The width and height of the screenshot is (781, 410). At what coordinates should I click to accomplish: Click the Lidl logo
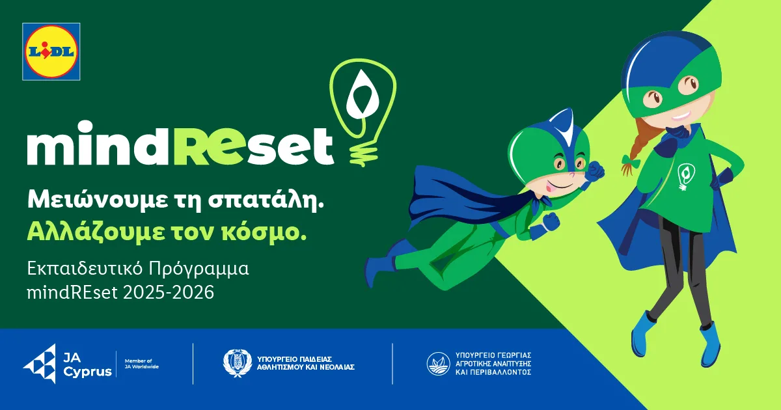[x=51, y=51]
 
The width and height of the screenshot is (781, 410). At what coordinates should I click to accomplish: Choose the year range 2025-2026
[x=169, y=292]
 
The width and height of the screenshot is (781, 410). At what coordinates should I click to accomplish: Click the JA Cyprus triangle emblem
[x=40, y=364]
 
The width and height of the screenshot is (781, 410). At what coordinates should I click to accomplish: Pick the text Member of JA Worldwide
[x=142, y=364]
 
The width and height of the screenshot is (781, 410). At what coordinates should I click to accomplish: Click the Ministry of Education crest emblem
[x=238, y=363]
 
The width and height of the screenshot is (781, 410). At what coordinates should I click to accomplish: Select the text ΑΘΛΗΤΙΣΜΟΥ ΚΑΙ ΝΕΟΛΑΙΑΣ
[x=306, y=367]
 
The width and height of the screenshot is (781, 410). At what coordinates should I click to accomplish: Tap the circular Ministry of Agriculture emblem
[x=438, y=364]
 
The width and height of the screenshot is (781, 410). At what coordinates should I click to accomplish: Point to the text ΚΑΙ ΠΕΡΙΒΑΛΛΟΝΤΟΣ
[x=493, y=372]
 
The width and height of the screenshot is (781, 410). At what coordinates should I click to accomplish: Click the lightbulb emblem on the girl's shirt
[x=686, y=177]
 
